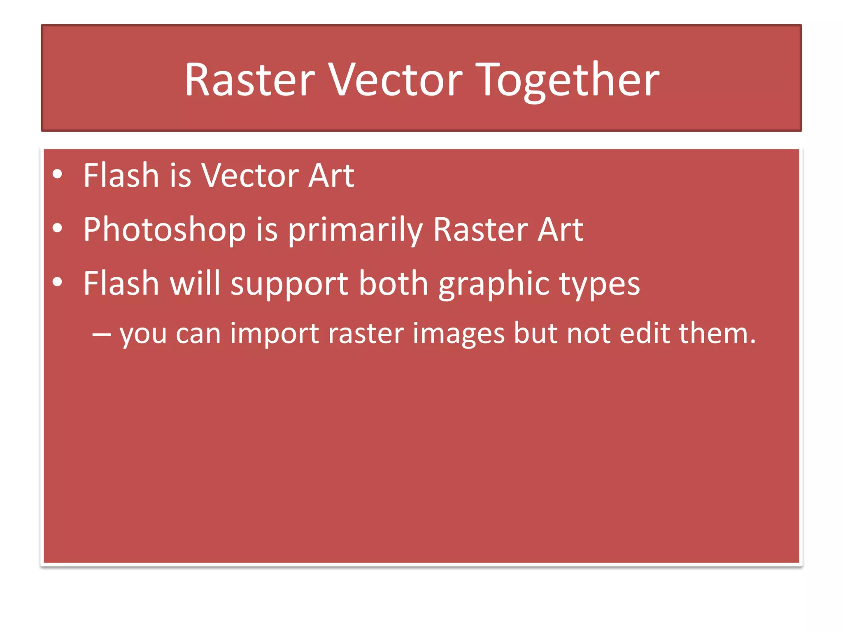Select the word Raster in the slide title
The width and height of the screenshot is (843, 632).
pos(249,80)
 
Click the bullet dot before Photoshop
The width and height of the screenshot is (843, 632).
pos(58,228)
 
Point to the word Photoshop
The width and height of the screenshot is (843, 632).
pos(164,230)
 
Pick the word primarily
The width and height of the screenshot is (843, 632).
pos(355,230)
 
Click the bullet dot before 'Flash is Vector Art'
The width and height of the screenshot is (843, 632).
pos(58,174)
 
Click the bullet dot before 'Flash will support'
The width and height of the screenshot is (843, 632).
pos(58,282)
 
